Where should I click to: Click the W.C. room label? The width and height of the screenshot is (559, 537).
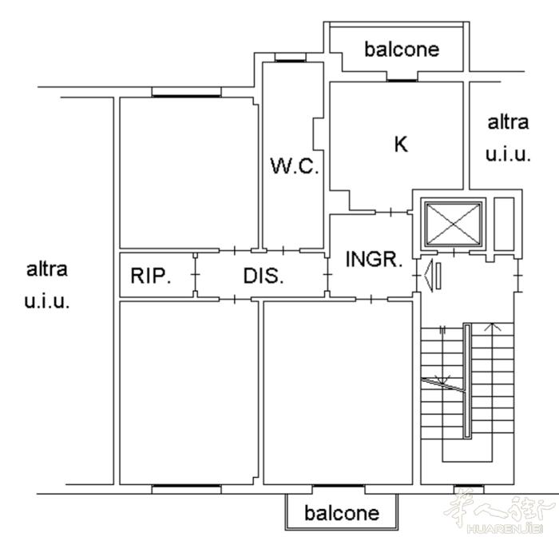[295, 166]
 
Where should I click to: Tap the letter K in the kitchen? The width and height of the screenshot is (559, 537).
[401, 144]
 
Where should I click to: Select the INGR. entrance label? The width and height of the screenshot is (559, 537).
[374, 259]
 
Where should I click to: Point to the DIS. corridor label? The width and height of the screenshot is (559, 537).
[264, 276]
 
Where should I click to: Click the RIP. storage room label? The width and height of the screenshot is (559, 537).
[151, 276]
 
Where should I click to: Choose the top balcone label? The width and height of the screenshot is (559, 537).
[402, 50]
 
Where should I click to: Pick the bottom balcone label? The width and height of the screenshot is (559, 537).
[342, 513]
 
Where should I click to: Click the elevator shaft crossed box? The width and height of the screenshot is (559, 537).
[453, 224]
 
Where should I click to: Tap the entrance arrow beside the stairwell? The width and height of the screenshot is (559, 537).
[433, 276]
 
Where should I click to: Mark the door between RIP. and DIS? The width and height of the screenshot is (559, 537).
[196, 274]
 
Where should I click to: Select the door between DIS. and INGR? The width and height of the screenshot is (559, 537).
[327, 274]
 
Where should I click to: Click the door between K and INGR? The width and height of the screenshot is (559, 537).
[391, 213]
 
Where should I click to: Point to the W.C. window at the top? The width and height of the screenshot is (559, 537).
[291, 61]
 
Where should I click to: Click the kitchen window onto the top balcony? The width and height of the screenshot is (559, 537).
[402, 81]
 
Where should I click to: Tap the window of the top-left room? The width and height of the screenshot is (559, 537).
[186, 96]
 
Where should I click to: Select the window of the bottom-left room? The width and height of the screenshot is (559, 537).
[186, 486]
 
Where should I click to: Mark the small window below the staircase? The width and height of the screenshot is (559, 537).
[469, 486]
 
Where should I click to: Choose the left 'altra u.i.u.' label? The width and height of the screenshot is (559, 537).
[46, 285]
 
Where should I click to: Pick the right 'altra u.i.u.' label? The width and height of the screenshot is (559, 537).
[508, 138]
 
